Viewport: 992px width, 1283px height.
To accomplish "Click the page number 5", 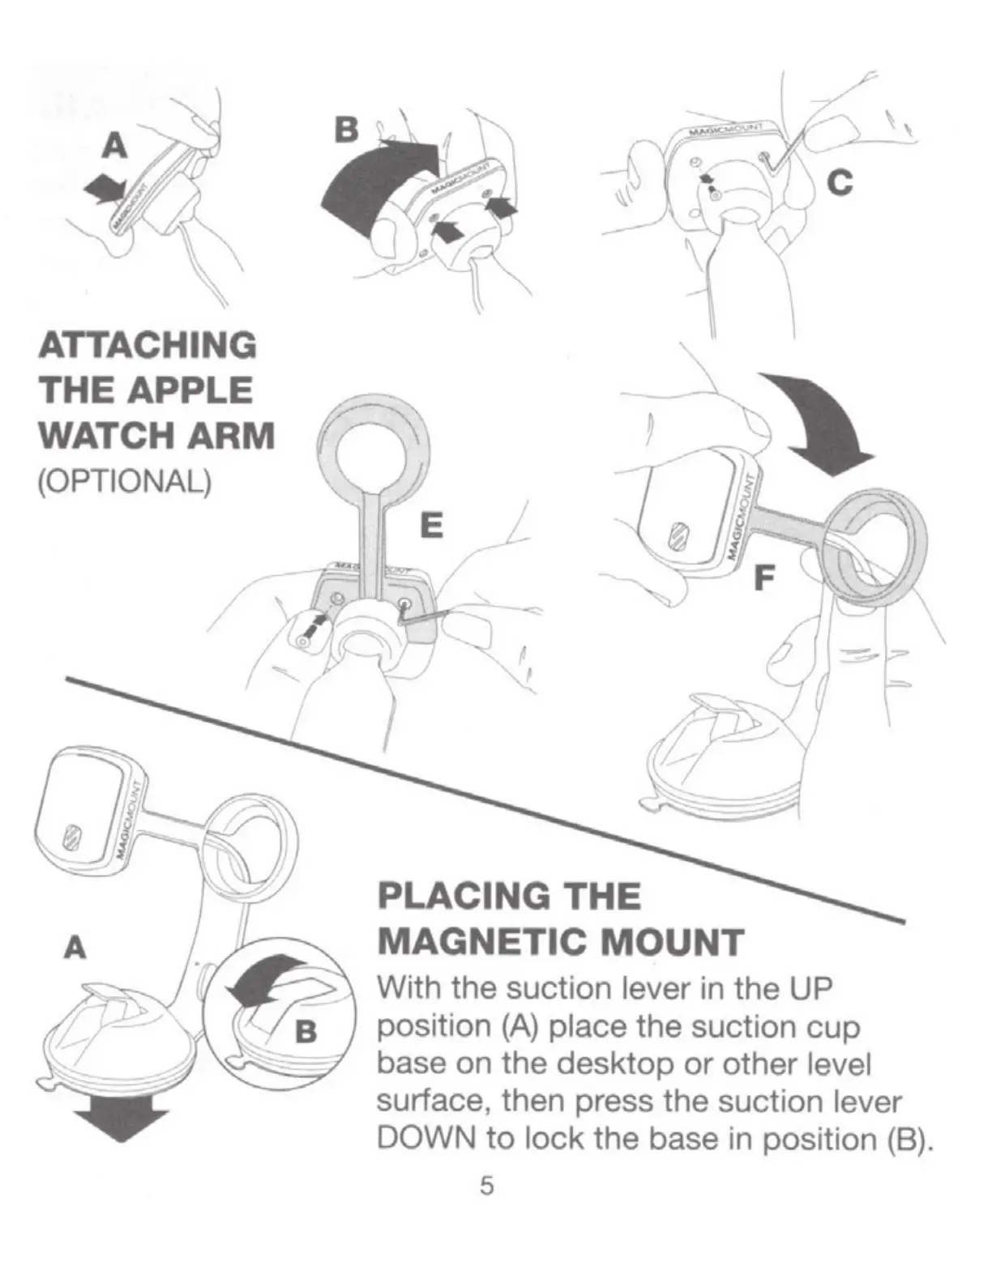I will point(486,1186).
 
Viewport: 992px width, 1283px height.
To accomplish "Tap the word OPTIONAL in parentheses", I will point(124,483).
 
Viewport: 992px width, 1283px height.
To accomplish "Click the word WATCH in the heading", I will point(105,436).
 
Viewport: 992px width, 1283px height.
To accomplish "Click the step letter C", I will point(840,184).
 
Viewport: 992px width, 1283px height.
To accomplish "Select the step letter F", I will point(764,578).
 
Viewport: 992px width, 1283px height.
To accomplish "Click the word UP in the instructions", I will point(811,988).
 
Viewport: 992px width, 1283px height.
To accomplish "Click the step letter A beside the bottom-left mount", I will point(75,947).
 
